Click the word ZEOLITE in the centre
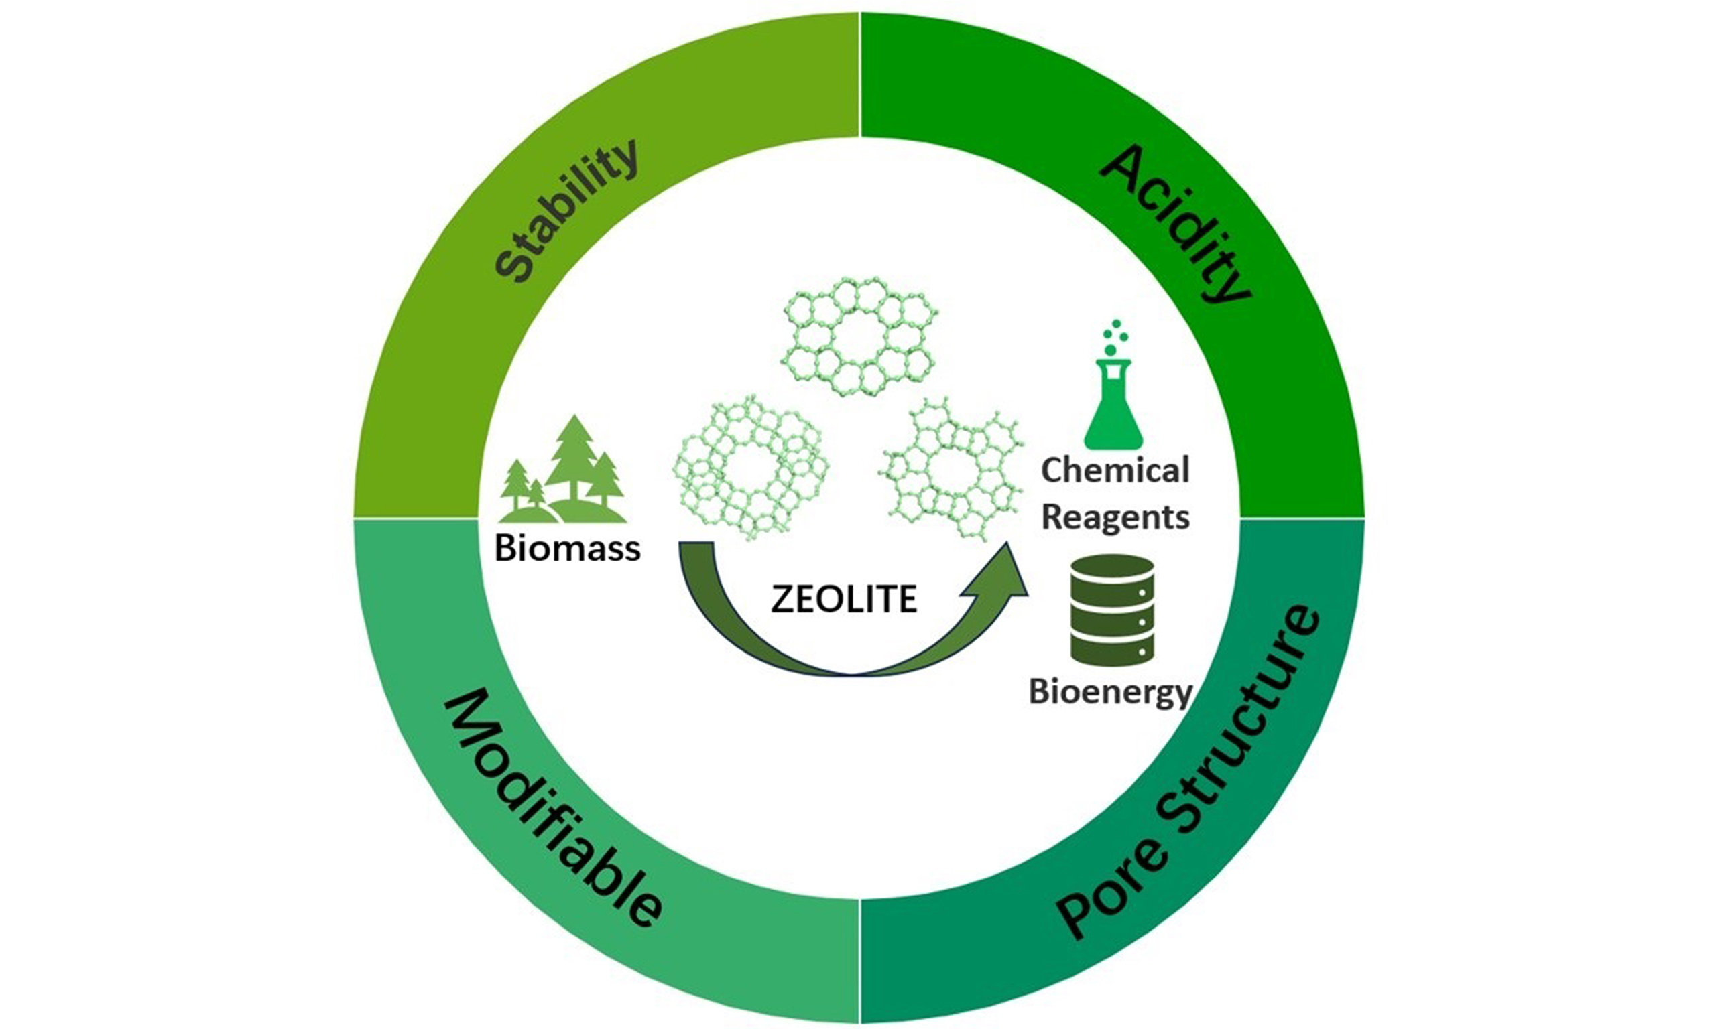point(843,600)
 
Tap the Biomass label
point(566,550)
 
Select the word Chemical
point(1115,471)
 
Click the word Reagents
point(1115,518)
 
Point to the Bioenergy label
point(1110,693)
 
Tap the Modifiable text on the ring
point(552,809)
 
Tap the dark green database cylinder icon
point(1112,610)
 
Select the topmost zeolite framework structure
point(859,336)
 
